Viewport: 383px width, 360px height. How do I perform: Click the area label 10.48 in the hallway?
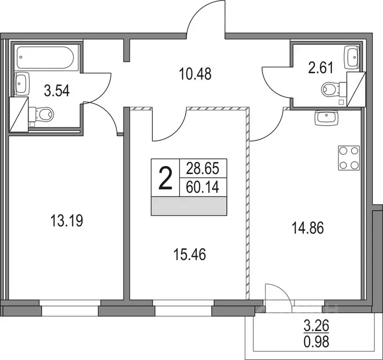tap(195, 74)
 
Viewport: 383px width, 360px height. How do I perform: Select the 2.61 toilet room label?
tap(321, 68)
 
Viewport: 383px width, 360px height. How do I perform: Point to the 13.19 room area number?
tap(66, 221)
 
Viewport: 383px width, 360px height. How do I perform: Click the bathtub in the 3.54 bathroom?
tap(45, 58)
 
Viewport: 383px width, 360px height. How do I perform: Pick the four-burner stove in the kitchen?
tap(349, 158)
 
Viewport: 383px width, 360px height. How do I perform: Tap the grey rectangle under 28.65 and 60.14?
tap(188, 206)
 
